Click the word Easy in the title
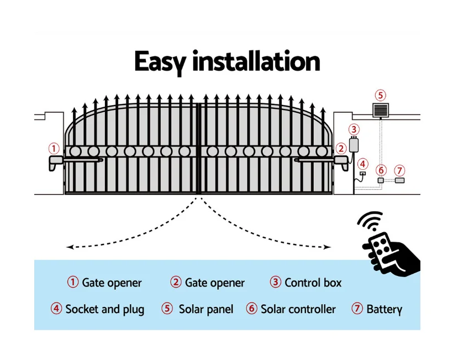[x=160, y=62]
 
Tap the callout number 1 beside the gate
[x=54, y=148]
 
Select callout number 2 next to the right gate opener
[x=341, y=148]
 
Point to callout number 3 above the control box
[x=354, y=129]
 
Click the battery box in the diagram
[x=399, y=180]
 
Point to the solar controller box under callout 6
[x=381, y=180]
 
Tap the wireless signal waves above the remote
[x=370, y=221]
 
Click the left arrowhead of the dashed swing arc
[x=69, y=247]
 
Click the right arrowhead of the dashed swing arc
[x=327, y=247]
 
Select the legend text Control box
[x=313, y=283]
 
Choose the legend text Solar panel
[x=206, y=309]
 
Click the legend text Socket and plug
[x=104, y=309]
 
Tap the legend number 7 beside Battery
[x=357, y=309]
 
